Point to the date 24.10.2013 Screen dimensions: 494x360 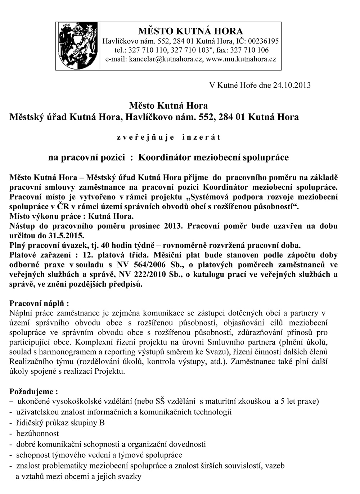pyautogui.click(x=292, y=86)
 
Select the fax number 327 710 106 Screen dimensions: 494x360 pyautogui.click(x=248, y=50)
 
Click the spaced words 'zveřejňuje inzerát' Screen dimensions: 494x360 pyautogui.click(x=168, y=137)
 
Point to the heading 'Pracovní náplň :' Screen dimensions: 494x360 pyautogui.click(x=39, y=303)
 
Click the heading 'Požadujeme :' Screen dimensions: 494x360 pyautogui.click(x=33, y=391)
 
